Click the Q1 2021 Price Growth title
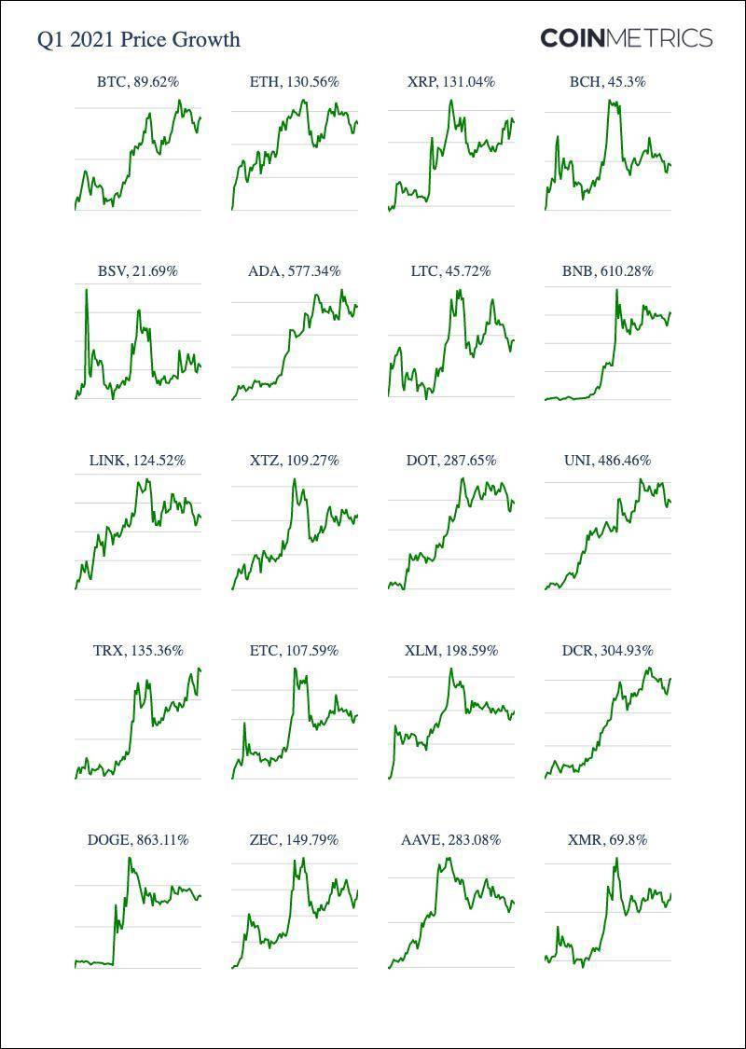click(138, 39)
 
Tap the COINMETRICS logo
click(626, 38)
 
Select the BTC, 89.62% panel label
click(138, 82)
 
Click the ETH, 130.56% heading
click(295, 82)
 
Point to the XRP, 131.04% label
click(451, 82)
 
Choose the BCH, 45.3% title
click(608, 82)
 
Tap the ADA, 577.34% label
click(295, 271)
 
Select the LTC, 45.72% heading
click(451, 271)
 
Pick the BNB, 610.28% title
click(608, 271)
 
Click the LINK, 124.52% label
click(138, 461)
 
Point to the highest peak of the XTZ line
click(295, 479)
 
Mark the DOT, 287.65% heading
click(451, 461)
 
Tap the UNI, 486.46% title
click(608, 461)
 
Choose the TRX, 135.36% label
click(138, 650)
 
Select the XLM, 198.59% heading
click(451, 650)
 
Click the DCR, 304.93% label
click(608, 650)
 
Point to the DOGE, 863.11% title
click(138, 840)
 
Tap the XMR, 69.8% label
click(608, 840)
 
